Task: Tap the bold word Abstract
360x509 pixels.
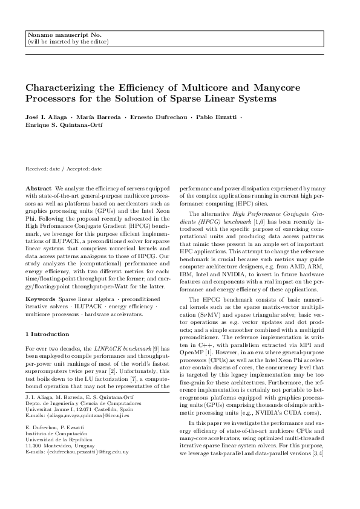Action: [x=39, y=189]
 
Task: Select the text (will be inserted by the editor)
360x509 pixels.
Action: [x=68, y=42]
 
